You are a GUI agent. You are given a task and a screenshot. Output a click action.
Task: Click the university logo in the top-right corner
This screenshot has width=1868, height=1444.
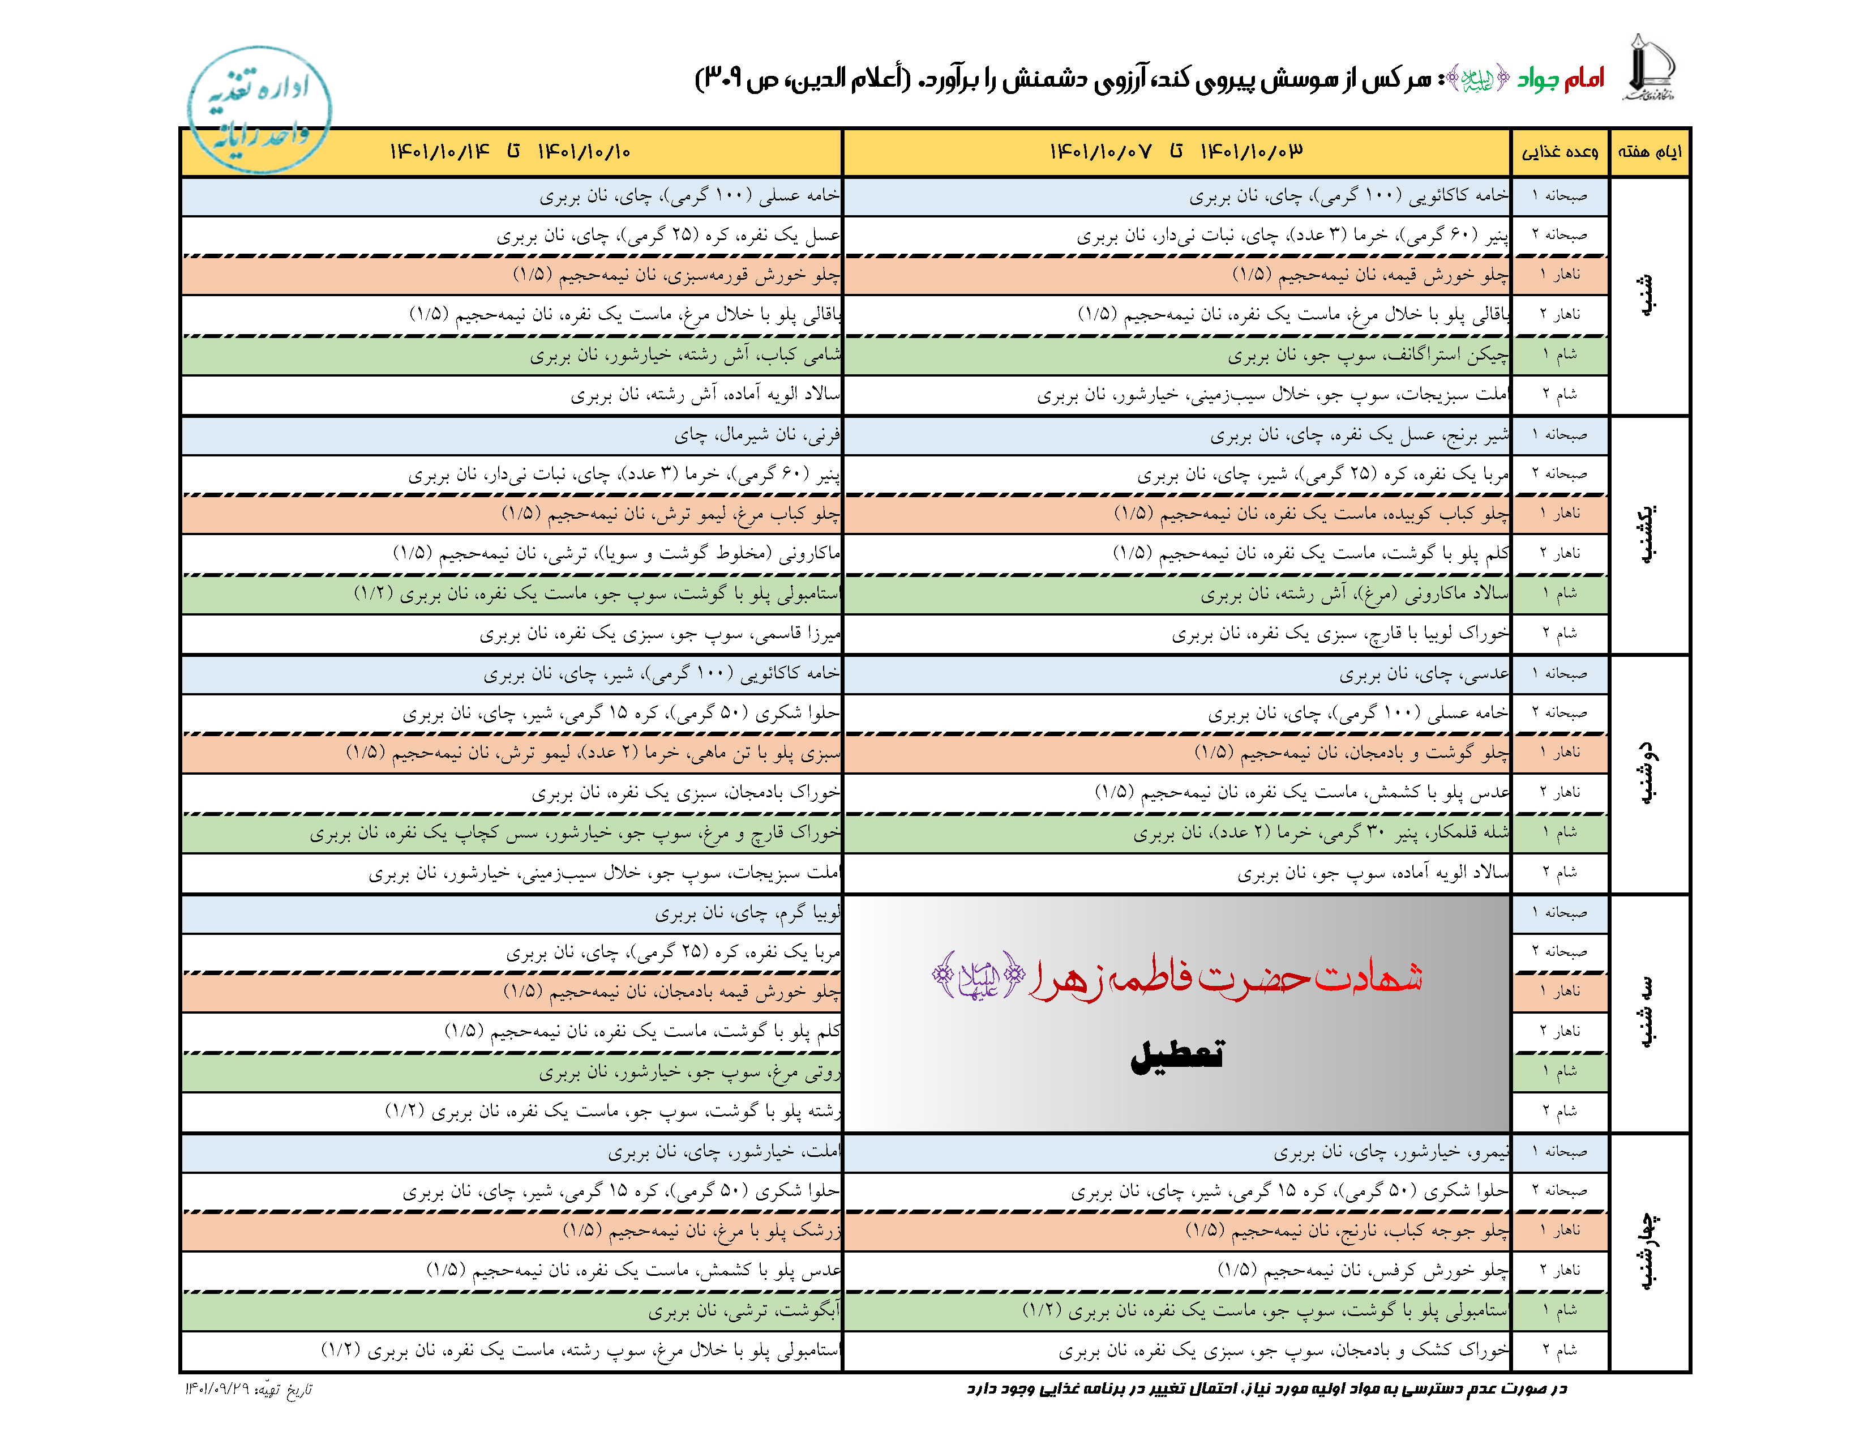click(1648, 69)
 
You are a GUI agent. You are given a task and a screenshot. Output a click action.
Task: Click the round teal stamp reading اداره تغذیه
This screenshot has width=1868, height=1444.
click(259, 109)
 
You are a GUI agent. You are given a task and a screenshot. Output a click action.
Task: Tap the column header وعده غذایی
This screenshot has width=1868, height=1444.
click(1559, 152)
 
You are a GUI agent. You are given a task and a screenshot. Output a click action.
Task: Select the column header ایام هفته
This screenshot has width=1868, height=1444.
click(1649, 152)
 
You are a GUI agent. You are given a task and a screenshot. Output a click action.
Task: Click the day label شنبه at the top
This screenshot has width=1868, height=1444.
click(1647, 295)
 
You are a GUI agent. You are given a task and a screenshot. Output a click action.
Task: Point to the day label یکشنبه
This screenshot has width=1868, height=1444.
click(1647, 534)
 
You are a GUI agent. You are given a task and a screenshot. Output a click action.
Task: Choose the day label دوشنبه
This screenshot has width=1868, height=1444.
click(1647, 774)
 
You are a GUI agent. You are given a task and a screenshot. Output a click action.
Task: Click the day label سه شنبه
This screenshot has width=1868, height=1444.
click(1647, 1013)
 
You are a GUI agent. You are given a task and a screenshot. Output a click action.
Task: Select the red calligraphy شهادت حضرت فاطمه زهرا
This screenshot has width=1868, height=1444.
click(1223, 977)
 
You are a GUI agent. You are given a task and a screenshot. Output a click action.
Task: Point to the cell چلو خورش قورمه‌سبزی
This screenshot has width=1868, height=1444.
click(676, 275)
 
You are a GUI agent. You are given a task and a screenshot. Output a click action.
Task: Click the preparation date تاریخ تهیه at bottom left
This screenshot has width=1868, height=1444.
click(248, 1389)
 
